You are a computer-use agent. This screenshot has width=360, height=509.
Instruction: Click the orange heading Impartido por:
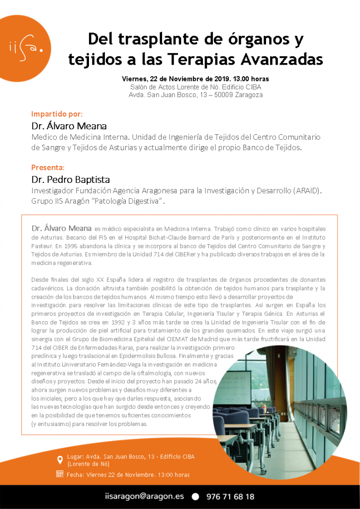53,113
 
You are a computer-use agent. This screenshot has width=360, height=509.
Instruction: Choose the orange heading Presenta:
48,167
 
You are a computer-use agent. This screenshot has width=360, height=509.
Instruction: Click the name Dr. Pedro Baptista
71,179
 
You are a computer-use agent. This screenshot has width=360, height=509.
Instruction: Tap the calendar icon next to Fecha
60,474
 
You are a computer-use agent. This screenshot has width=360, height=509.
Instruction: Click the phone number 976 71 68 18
229,496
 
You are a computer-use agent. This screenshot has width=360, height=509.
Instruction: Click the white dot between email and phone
195,497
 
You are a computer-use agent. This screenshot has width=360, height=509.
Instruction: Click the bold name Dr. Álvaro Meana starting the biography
61,228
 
